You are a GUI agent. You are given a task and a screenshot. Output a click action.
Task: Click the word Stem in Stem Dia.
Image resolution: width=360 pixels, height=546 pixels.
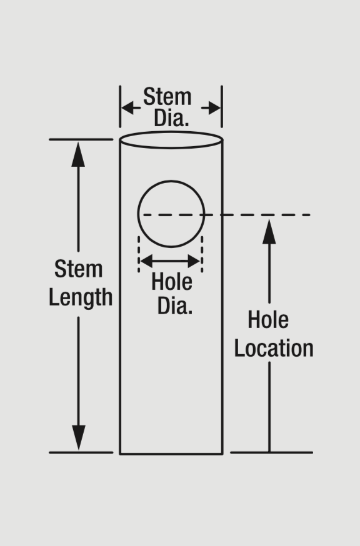pos(167,96)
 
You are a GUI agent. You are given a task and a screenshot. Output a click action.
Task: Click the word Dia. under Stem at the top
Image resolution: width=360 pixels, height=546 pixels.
pos(171,118)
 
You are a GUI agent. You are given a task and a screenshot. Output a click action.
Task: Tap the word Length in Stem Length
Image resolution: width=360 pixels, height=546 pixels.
pos(81,298)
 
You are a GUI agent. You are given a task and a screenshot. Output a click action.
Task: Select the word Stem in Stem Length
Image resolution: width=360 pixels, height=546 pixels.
pos(78,269)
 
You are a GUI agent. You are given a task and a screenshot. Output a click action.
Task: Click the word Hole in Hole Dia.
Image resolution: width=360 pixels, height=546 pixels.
pos(171,282)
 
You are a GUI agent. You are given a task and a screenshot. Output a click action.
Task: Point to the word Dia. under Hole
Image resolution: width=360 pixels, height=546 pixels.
pos(175,306)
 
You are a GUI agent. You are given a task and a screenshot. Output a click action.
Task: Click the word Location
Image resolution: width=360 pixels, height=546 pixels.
pos(274,348)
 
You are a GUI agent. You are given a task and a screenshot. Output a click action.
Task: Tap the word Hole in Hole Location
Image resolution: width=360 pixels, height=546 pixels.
pos(268,320)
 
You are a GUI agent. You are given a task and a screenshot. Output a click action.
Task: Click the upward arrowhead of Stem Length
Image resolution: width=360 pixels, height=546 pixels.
pos(78,154)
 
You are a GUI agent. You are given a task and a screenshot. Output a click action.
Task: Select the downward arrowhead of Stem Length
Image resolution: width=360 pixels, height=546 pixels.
pos(78,437)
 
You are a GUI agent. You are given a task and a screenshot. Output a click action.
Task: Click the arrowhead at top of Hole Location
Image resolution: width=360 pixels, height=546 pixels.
pos(269,232)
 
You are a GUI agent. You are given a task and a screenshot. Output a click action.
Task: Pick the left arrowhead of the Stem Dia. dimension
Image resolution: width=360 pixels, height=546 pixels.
pos(127,108)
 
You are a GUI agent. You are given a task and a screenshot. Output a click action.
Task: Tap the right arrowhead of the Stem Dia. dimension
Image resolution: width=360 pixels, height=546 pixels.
pos(214,108)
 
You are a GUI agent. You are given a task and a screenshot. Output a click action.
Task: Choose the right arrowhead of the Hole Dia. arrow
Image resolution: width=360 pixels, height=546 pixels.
pos(194,261)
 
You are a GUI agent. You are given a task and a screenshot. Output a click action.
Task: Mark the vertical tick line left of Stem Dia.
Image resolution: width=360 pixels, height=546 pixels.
pos(120,107)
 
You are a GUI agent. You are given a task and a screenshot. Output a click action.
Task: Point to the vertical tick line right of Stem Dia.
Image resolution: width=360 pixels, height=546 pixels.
pos(222,107)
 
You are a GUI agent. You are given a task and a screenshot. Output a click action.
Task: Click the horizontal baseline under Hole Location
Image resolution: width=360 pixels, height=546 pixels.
pos(271,452)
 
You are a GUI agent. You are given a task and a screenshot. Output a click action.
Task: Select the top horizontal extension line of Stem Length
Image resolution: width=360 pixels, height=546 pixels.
pos(81,139)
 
